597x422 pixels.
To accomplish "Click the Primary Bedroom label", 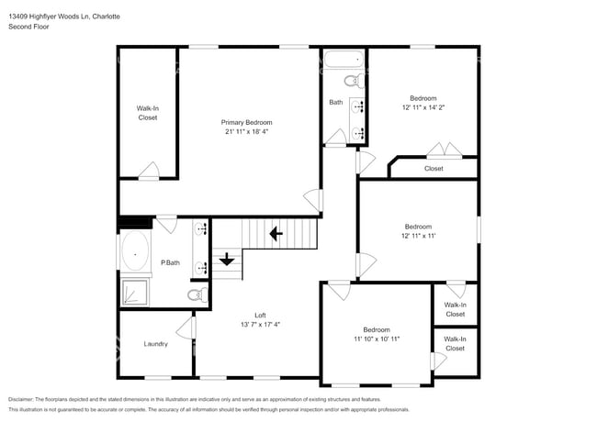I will click(246, 122).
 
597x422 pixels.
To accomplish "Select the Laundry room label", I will click(155, 344).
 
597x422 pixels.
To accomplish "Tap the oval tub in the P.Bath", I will click(137, 249).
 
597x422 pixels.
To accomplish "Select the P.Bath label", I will click(169, 263).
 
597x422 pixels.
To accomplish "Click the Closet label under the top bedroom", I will click(434, 168).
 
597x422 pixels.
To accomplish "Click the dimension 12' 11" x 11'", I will click(418, 236).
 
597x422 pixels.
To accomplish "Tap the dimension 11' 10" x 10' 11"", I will click(376, 339).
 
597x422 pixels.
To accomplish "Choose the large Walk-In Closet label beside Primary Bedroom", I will click(148, 113).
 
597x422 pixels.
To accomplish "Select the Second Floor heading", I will click(28, 28).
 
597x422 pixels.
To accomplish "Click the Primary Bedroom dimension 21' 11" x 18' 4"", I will click(246, 131).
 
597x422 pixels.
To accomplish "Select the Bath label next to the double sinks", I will click(336, 102).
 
